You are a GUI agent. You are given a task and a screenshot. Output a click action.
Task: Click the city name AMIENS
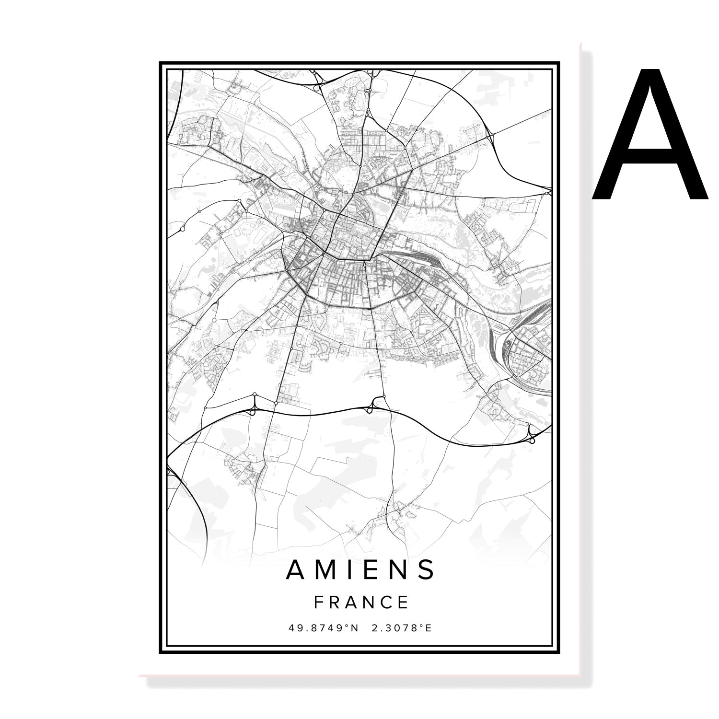click(x=360, y=569)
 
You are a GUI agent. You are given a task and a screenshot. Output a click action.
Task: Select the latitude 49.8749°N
click(x=324, y=627)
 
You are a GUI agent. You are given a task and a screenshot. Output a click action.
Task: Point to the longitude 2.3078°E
click(x=402, y=627)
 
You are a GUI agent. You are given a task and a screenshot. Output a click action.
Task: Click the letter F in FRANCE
click(x=318, y=602)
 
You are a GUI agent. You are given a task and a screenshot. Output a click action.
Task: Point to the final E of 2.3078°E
click(x=429, y=627)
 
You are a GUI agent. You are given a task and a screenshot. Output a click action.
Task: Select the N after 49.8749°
click(x=355, y=627)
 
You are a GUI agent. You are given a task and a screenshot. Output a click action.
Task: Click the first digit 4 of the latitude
click(x=292, y=627)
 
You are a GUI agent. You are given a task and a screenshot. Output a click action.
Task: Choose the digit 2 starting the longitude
click(x=374, y=627)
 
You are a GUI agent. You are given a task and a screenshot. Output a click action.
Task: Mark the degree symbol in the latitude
click(x=348, y=625)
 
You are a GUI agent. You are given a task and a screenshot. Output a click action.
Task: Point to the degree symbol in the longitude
click(x=422, y=625)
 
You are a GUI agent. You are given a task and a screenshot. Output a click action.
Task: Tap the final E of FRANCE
click(x=403, y=602)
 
